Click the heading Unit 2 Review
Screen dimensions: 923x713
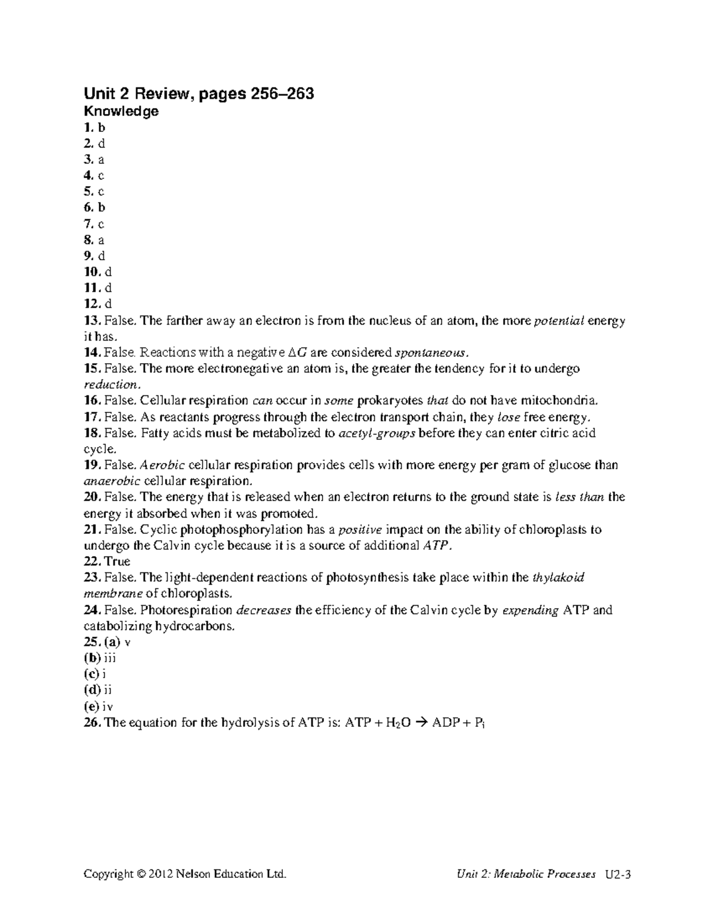[x=199, y=93]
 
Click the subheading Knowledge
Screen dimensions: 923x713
[x=121, y=111]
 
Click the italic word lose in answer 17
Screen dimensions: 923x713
[x=508, y=417]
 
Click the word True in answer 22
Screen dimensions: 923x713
[x=117, y=562]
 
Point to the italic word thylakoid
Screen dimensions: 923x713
[x=559, y=577]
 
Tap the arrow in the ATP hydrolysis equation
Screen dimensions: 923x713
[x=421, y=723]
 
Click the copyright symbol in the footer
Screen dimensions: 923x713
[x=141, y=874]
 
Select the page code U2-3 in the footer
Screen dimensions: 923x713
[x=618, y=874]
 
